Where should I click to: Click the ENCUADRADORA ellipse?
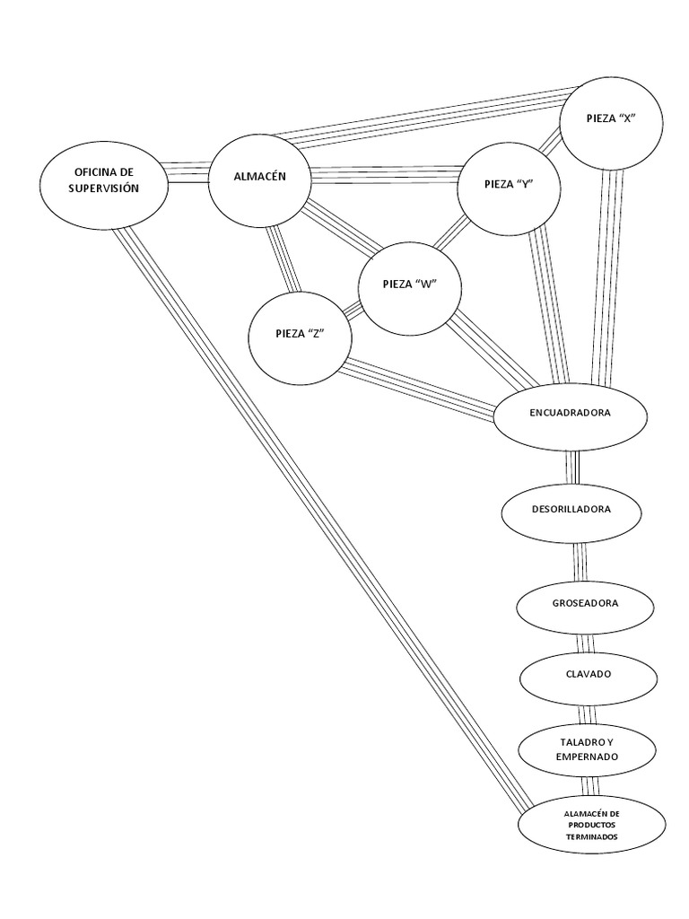click(x=571, y=414)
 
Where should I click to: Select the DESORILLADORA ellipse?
click(x=571, y=510)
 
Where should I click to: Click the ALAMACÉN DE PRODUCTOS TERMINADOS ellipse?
click(x=591, y=825)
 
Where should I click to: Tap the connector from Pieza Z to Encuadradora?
click(x=422, y=388)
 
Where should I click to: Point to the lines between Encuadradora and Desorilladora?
click(x=571, y=466)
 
